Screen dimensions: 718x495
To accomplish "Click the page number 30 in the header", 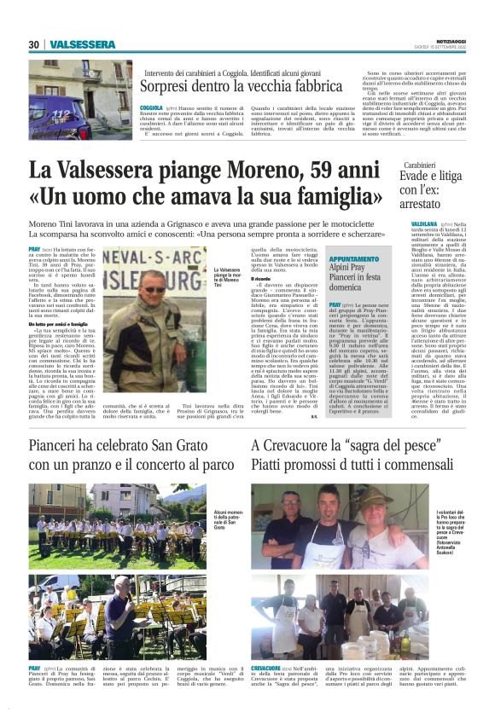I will point(33,44).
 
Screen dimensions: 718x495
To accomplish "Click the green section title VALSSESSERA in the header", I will point(83,44).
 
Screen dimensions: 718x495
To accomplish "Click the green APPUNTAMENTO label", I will point(353,258).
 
